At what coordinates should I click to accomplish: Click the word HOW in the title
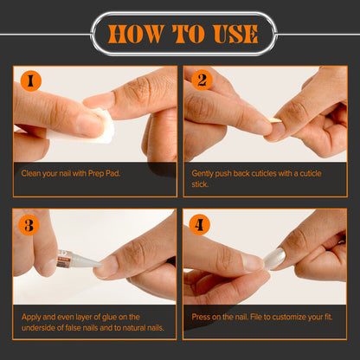136,34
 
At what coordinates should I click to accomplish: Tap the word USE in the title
235,34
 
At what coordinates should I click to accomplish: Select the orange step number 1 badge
31,81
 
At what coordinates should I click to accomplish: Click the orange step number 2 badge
202,80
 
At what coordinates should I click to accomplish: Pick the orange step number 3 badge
29,225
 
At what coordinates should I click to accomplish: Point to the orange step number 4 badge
199,224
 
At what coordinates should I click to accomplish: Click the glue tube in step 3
79,260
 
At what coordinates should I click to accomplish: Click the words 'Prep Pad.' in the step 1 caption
104,174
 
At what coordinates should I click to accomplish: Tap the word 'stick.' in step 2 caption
200,184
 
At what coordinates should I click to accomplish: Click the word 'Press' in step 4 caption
201,317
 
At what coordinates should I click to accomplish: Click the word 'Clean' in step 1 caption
31,174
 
